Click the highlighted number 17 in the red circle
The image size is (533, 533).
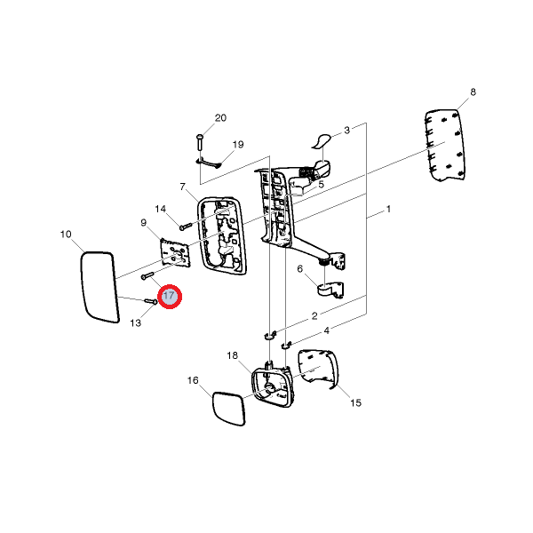pos(169,297)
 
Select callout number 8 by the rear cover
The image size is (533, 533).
pos(473,92)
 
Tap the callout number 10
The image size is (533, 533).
pos(66,235)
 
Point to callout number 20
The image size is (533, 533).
pos(220,118)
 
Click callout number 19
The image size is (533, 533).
pos(238,144)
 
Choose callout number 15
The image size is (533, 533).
pos(355,402)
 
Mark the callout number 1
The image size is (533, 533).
pos(388,211)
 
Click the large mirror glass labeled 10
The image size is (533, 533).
pos(99,286)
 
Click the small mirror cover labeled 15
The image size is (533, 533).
pos(319,368)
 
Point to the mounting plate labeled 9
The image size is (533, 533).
pos(176,256)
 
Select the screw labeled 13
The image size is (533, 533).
pos(151,302)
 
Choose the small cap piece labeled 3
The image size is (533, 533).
pos(322,139)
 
